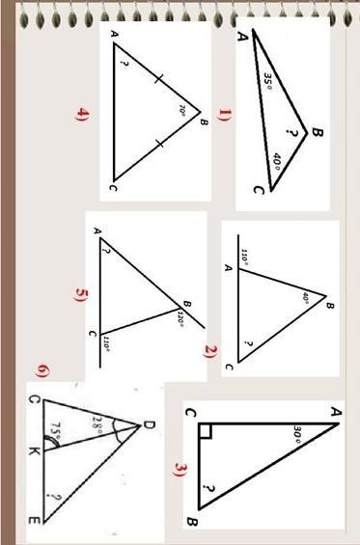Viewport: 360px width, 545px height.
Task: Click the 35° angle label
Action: [267, 80]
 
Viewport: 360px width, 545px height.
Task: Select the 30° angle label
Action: [296, 434]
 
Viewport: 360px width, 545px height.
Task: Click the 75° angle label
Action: [56, 430]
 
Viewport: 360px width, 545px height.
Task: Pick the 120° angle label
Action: [180, 318]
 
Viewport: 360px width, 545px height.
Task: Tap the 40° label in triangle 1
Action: [277, 162]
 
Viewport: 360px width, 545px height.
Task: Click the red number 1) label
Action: [223, 115]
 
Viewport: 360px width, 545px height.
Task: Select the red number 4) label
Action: [82, 114]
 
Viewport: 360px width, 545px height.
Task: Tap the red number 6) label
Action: [43, 371]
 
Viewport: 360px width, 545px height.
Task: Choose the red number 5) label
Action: [81, 296]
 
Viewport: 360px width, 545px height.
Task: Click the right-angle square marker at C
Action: [206, 431]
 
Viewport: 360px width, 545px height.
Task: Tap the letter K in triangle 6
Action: [35, 451]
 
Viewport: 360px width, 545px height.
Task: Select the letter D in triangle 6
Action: [149, 425]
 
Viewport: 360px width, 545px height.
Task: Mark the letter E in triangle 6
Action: [34, 521]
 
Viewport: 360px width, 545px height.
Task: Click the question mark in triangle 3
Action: [208, 489]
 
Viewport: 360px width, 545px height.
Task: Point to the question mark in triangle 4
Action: [123, 64]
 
